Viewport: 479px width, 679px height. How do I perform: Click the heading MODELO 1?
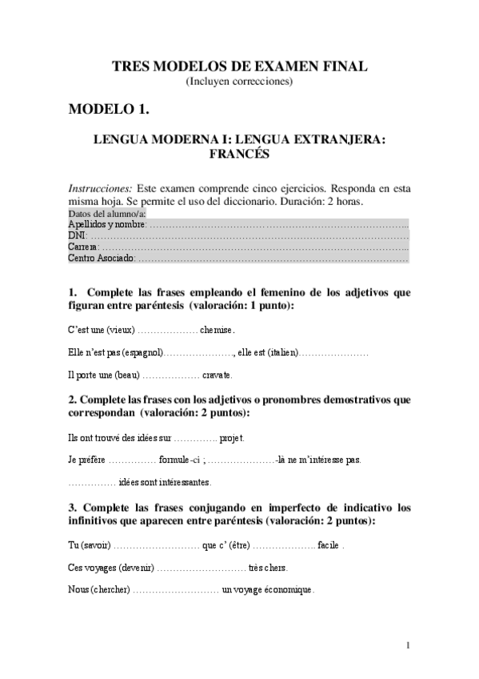(x=109, y=108)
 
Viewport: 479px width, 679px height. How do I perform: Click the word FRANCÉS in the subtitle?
(x=239, y=154)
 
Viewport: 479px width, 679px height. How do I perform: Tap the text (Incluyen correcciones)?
(x=239, y=81)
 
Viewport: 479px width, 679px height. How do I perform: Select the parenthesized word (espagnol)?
(x=138, y=352)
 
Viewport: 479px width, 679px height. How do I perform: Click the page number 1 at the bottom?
(x=408, y=645)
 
